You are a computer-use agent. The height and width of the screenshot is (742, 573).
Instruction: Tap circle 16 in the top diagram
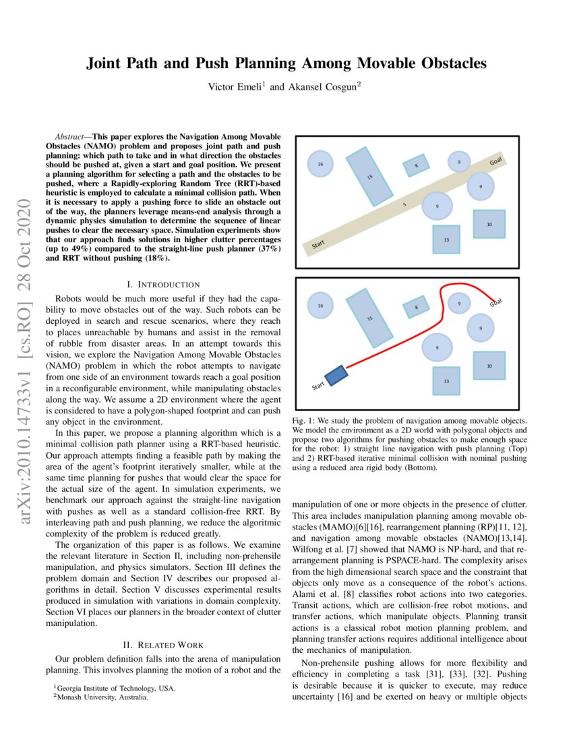(320, 164)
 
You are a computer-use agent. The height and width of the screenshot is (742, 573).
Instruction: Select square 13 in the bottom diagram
(446, 380)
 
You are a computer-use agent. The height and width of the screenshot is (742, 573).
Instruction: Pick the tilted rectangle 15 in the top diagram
(369, 177)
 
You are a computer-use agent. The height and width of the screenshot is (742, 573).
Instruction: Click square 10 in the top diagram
(489, 223)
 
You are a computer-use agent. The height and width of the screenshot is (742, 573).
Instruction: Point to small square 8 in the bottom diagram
(416, 307)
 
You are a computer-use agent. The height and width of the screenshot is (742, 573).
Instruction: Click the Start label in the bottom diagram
(319, 386)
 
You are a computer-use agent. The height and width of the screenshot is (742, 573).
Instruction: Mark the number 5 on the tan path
(404, 204)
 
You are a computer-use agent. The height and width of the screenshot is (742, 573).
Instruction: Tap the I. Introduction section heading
(163, 285)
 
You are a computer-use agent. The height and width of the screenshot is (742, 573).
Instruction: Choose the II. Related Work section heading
(163, 645)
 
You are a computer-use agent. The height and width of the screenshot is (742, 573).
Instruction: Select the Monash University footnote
(101, 697)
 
